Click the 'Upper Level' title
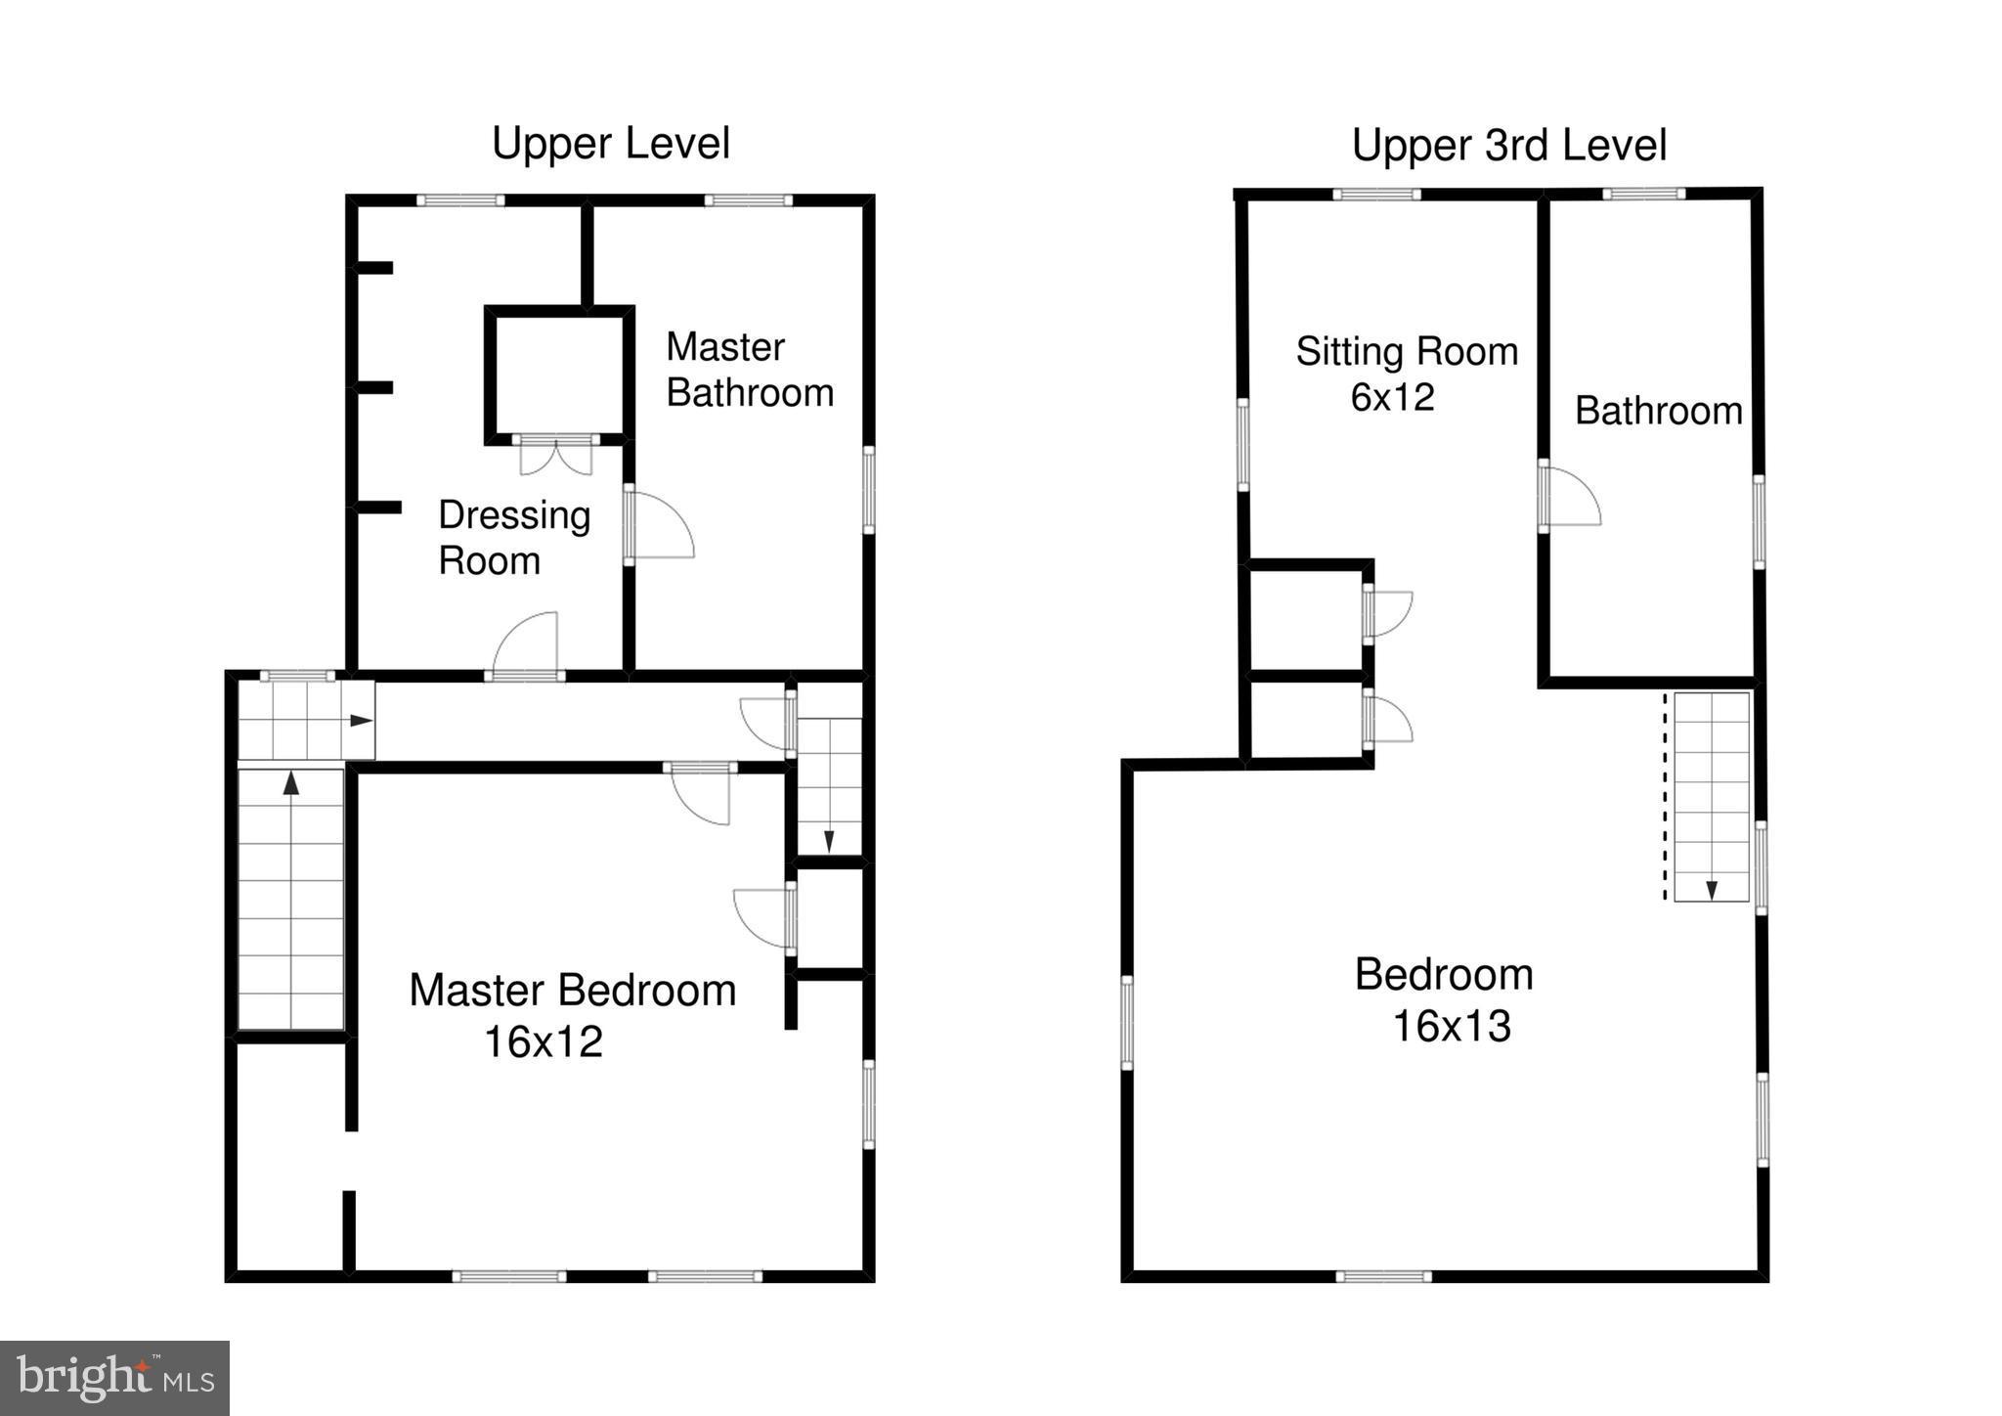[610, 144]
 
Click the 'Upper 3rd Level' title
[1508, 146]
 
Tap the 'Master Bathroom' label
[749, 370]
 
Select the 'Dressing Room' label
[513, 538]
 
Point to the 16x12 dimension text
[543, 1042]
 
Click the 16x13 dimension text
[1451, 1027]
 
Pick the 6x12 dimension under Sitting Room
[1392, 397]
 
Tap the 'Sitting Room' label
[1407, 351]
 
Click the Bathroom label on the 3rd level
[1658, 411]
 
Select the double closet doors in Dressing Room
[555, 456]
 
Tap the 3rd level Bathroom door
[1570, 497]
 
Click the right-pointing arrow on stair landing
[361, 721]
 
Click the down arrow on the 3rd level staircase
[1712, 889]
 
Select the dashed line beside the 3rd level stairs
[1666, 797]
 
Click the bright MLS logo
[114, 1378]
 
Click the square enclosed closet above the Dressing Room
[555, 375]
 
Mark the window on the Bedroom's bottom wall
[1383, 1276]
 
